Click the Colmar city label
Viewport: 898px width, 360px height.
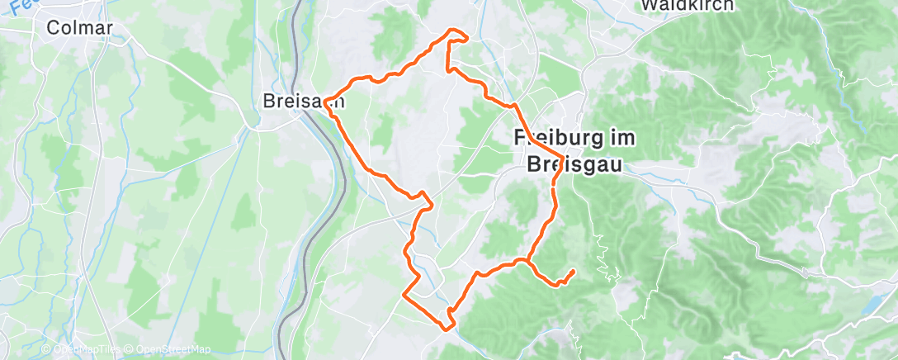pos(78,28)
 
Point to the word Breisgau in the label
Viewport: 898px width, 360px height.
pos(575,163)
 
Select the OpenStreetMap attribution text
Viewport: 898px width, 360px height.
pos(169,349)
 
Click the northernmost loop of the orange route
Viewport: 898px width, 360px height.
pos(457,34)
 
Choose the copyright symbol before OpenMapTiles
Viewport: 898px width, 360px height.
pos(46,349)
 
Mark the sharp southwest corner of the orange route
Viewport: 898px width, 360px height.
pos(404,293)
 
